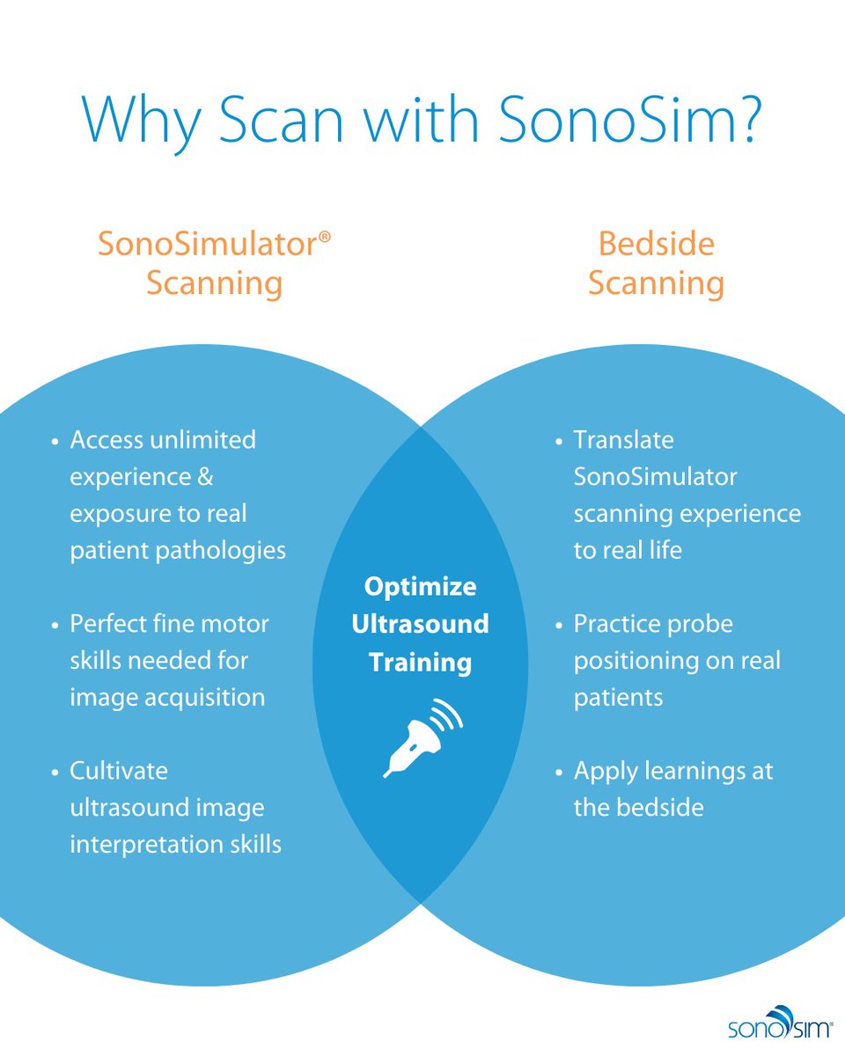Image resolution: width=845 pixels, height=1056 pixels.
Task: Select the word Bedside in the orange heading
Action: pyautogui.click(x=656, y=243)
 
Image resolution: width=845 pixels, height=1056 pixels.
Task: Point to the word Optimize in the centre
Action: pyautogui.click(x=421, y=586)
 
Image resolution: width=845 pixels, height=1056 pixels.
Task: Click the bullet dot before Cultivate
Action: pyautogui.click(x=55, y=772)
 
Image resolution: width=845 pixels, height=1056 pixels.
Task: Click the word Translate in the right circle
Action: pyautogui.click(x=623, y=439)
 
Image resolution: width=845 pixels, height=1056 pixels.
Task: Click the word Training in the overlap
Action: pyautogui.click(x=421, y=661)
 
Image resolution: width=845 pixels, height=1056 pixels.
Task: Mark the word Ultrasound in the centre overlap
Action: pyautogui.click(x=421, y=624)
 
